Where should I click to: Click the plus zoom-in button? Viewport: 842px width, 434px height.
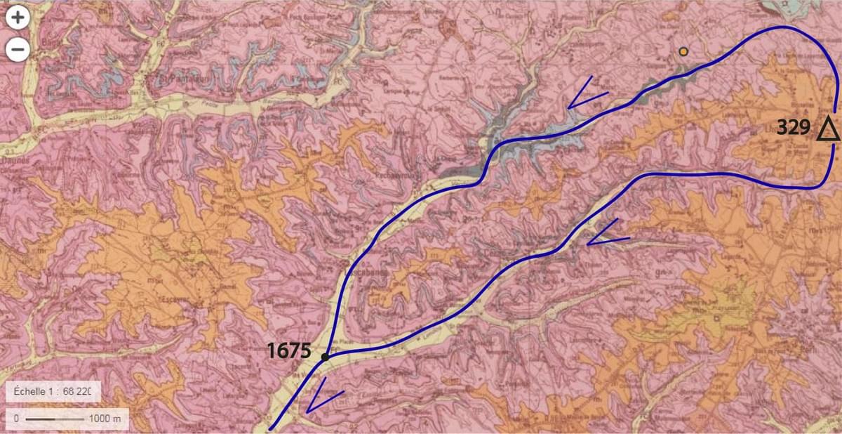coord(18,19)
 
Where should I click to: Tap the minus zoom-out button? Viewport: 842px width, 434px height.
coord(18,49)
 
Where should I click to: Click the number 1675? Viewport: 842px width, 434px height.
coord(288,350)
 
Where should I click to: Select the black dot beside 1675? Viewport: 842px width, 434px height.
coord(325,357)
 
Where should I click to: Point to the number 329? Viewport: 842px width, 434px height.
coord(794,128)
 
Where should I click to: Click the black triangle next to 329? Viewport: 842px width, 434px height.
coord(828,130)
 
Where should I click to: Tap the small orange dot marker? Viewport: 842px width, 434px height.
coord(683,51)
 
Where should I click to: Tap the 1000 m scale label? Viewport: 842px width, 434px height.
coord(105,419)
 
